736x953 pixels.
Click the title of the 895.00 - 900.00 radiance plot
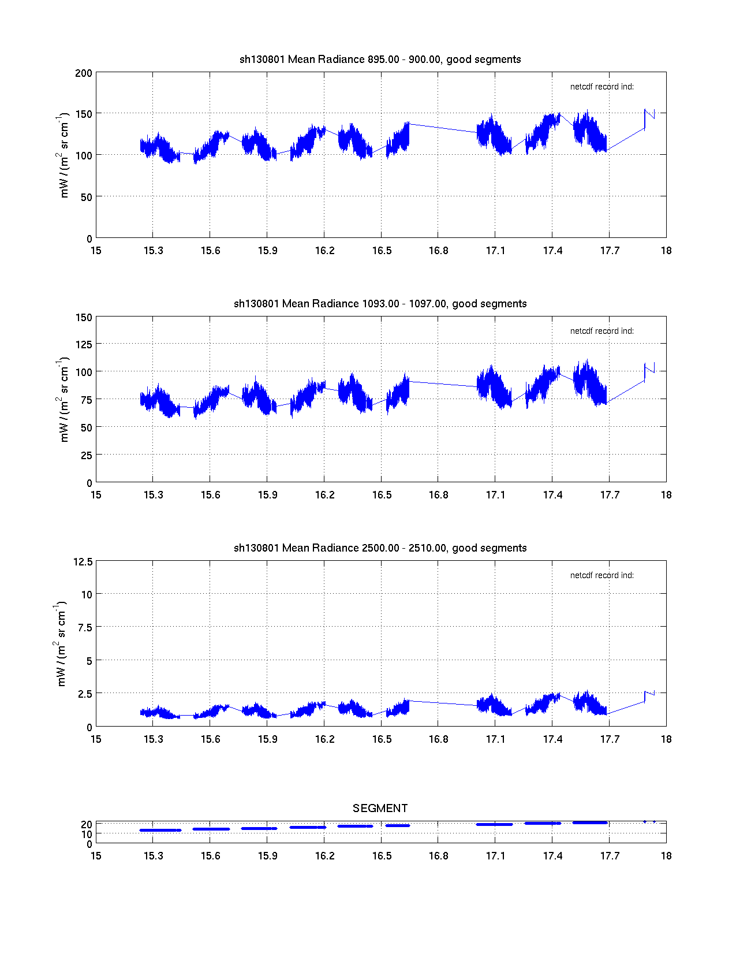[380, 59]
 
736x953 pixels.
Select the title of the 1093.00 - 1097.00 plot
[380, 304]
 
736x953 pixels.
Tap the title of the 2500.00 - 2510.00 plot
[380, 548]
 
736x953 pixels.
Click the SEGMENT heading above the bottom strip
[380, 808]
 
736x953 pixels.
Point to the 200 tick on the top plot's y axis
[84, 73]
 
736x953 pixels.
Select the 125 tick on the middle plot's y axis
[84, 345]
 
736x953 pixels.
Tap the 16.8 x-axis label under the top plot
[438, 251]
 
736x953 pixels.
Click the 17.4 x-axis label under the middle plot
[552, 495]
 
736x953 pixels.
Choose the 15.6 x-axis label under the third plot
[210, 739]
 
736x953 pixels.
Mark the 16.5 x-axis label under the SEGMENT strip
[382, 856]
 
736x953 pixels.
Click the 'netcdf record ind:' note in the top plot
[601, 87]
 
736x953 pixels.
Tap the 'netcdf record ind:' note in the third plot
[601, 576]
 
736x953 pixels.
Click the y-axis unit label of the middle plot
[63, 400]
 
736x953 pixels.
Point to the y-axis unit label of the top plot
[63, 155]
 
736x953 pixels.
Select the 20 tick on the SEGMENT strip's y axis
[87, 824]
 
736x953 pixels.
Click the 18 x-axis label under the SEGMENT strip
[666, 856]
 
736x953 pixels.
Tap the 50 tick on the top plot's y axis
[86, 198]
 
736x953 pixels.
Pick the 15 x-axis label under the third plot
[96, 739]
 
